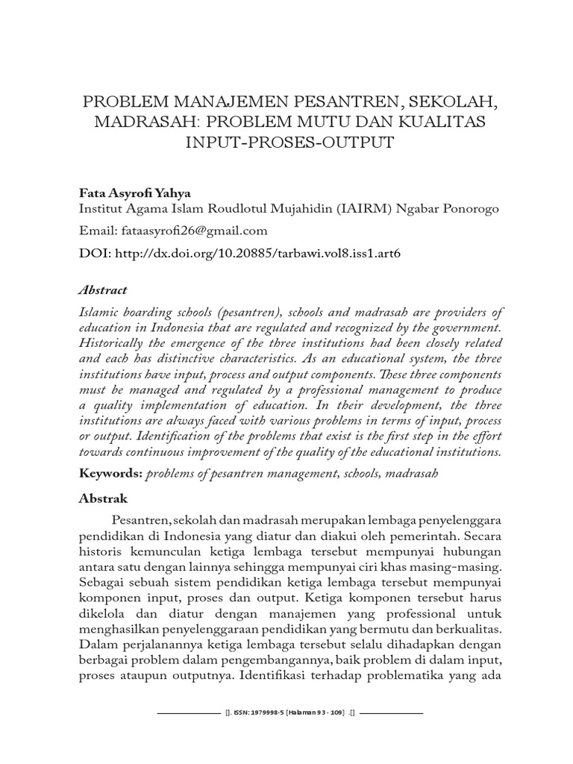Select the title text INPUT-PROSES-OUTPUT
[286, 143]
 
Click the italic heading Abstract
[103, 290]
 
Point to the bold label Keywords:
[110, 475]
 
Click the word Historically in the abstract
[113, 342]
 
